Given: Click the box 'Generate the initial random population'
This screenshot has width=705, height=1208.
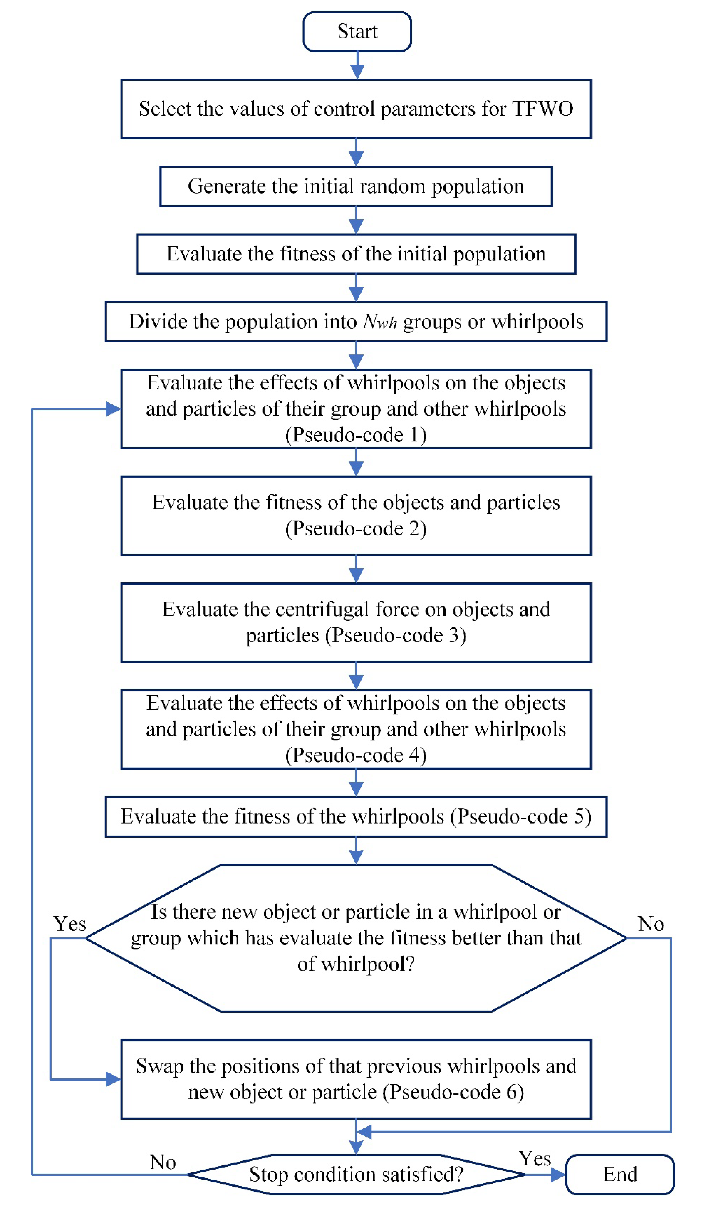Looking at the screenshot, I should pos(356,186).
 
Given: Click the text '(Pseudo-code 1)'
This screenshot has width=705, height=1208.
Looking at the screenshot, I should pos(356,435).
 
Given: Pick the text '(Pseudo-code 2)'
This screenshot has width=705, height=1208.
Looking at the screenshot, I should pos(356,529).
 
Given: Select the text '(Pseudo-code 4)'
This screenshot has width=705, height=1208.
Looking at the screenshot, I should pos(356,755).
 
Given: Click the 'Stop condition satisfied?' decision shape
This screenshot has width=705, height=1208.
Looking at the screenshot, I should pos(356,1175).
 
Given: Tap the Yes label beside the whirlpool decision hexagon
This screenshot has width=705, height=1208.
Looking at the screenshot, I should pos(70,924).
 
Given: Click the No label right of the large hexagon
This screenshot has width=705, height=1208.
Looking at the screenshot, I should pos(651,924).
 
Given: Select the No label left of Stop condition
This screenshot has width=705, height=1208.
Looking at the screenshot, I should pos(163,1162).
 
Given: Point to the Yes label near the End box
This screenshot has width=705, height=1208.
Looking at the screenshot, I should pos(535,1159).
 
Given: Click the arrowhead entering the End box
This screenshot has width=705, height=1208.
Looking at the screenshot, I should pos(558,1175).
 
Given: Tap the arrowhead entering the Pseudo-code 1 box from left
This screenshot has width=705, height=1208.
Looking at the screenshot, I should pos(114,409).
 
